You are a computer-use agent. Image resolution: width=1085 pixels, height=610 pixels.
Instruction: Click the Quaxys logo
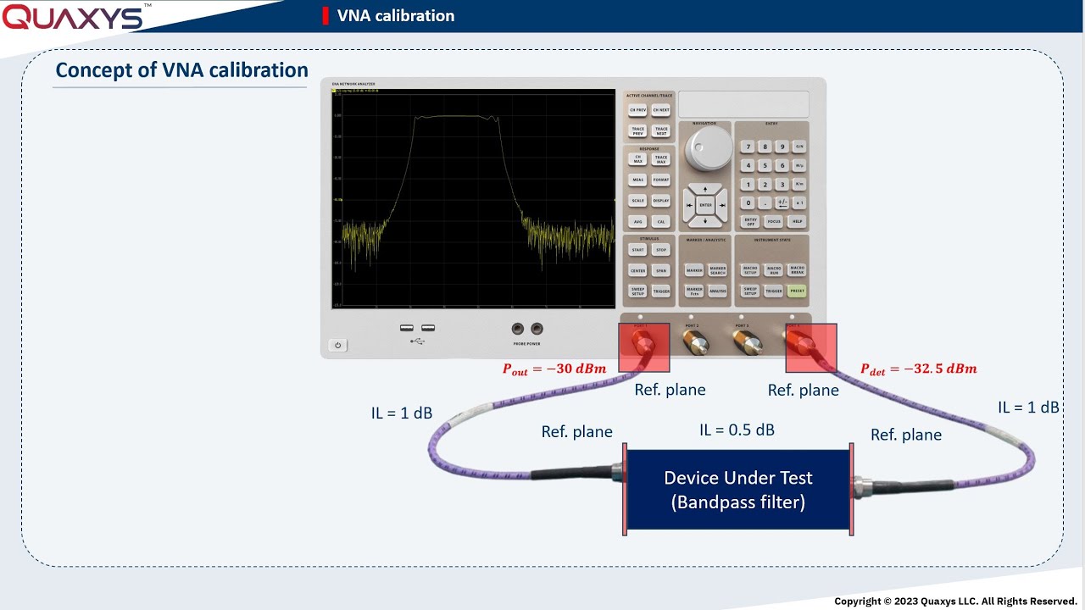coord(75,16)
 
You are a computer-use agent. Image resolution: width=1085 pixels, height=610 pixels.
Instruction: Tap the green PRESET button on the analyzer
coord(797,291)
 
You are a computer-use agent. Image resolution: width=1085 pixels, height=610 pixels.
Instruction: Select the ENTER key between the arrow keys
coord(705,205)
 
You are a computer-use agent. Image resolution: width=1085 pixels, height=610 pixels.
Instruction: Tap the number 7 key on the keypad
coord(747,147)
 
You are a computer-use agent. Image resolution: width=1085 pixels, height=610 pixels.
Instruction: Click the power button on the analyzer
coord(337,346)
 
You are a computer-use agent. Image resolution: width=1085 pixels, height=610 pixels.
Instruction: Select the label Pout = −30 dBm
coord(555,369)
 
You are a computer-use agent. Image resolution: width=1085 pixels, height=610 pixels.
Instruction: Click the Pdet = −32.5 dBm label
coord(918,369)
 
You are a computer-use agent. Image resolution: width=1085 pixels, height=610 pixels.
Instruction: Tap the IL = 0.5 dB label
coord(737,430)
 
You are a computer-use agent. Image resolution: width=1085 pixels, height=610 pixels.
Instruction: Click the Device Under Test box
coord(737,491)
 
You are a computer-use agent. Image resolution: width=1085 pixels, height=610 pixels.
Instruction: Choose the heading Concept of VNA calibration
coord(181,70)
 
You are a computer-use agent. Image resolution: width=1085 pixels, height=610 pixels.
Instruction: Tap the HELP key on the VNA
coord(797,221)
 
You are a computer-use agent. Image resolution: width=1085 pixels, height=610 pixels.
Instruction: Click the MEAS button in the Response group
coord(637,180)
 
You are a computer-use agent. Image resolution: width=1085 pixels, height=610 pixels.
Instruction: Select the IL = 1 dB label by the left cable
coord(402,413)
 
